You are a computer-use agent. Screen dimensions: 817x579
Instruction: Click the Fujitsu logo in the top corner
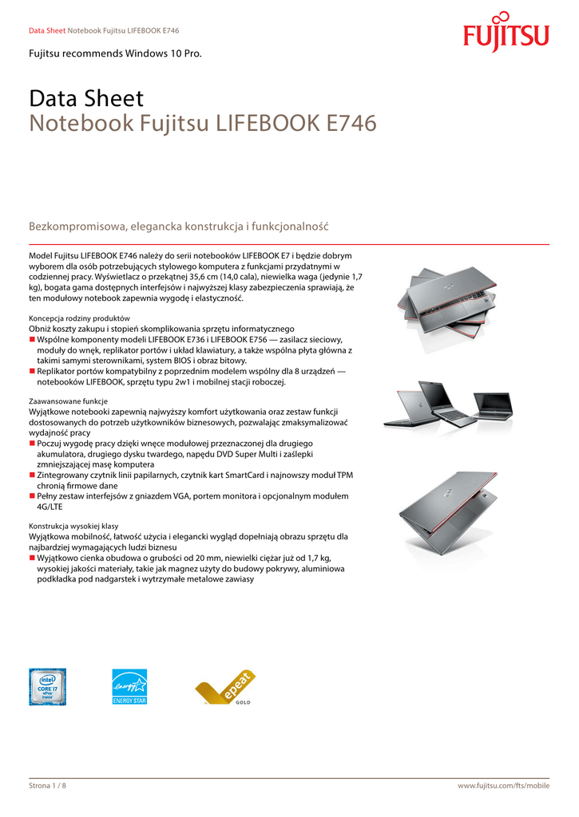[x=506, y=33]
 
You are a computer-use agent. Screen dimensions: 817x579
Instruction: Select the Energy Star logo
[x=129, y=686]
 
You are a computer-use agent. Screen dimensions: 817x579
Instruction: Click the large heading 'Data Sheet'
[x=86, y=99]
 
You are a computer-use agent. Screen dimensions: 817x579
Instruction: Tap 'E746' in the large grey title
[x=351, y=124]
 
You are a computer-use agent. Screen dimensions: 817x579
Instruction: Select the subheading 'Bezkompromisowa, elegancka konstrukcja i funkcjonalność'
[x=179, y=227]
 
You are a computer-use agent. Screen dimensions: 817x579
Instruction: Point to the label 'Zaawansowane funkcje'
[x=68, y=401]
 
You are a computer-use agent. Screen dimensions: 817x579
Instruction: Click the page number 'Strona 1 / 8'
[x=48, y=786]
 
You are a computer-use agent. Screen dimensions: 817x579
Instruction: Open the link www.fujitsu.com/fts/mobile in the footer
[x=503, y=786]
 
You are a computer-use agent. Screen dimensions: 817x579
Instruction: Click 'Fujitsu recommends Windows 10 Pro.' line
[x=115, y=53]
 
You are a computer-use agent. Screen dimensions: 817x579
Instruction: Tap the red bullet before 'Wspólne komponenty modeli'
[x=32, y=340]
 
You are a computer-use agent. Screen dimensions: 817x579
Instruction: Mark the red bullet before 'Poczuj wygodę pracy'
[x=32, y=443]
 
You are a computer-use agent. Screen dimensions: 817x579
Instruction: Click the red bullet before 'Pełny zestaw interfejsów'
[x=32, y=495]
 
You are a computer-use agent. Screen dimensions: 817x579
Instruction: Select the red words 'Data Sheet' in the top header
[x=46, y=30]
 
